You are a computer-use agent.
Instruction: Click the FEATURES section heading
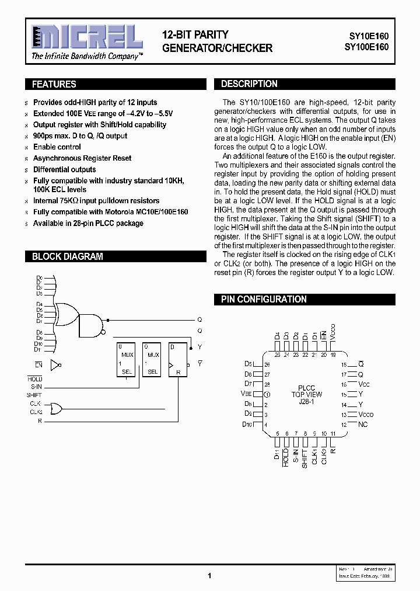tap(54, 84)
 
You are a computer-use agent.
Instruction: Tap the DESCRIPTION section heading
tap(249, 84)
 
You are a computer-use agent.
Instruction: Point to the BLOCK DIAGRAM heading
tap(67, 256)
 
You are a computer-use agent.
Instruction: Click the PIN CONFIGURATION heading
tap(264, 299)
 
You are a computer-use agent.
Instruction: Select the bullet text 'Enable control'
tap(57, 147)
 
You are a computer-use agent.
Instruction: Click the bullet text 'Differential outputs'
tap(64, 169)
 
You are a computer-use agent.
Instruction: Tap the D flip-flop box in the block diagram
tap(178, 359)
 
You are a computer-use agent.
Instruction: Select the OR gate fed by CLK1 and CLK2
tap(57, 408)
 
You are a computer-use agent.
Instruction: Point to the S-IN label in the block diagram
tap(36, 387)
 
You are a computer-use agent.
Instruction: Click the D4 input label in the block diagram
tap(39, 305)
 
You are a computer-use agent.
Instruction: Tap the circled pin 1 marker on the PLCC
tap(267, 394)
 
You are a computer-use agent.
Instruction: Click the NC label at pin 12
tap(363, 425)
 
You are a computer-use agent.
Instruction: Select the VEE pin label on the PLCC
tap(246, 394)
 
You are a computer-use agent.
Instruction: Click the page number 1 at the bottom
tap(209, 575)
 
